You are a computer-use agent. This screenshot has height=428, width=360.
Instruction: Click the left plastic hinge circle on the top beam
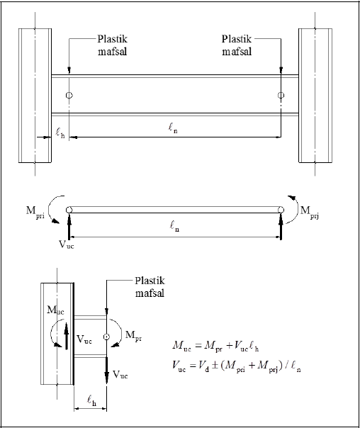(69, 95)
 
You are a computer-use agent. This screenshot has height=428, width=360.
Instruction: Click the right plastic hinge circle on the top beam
(281, 95)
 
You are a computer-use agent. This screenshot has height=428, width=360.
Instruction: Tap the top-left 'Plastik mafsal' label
(113, 45)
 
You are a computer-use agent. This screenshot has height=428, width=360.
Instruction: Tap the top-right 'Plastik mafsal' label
(237, 45)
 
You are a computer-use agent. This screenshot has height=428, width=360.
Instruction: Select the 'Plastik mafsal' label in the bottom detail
(150, 287)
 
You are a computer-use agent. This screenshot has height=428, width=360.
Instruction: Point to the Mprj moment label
(310, 212)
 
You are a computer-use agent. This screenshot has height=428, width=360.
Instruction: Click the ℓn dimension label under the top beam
(173, 128)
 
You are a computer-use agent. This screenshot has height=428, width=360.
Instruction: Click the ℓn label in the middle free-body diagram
(174, 226)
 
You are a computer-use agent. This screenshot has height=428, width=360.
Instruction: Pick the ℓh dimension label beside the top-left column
(60, 133)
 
